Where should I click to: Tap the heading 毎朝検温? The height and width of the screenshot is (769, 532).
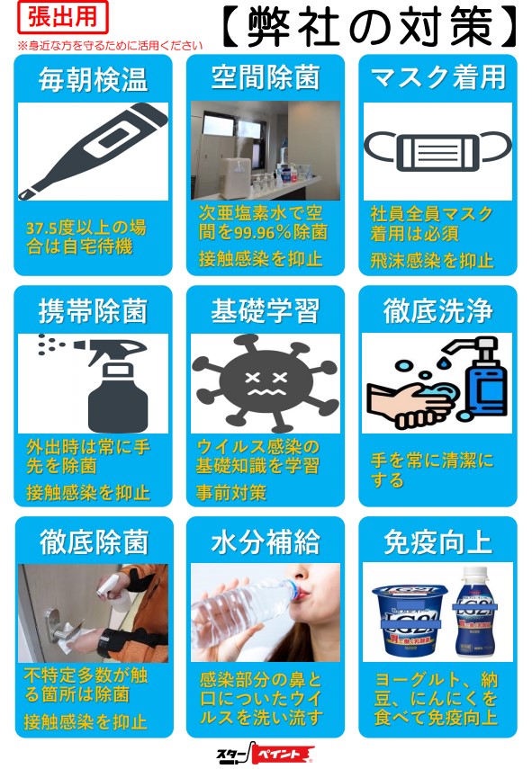tap(93, 80)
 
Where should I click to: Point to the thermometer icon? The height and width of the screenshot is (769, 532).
tap(93, 150)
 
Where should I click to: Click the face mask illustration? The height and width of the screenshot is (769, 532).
tap(437, 150)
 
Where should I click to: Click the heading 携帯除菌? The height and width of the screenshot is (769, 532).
tap(93, 311)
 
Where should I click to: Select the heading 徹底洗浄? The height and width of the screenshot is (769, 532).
tap(437, 311)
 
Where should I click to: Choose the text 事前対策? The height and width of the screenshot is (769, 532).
tap(231, 492)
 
